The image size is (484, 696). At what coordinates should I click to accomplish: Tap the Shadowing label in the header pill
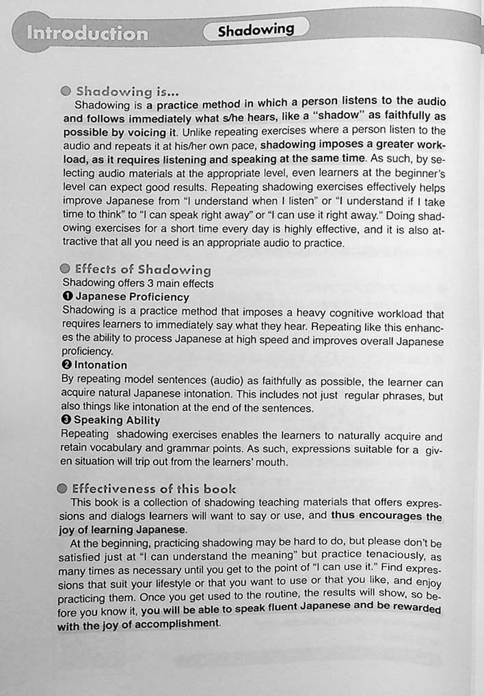(256, 30)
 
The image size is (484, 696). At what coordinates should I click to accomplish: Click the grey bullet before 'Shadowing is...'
(66, 91)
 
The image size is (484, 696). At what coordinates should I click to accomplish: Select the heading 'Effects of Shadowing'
(143, 269)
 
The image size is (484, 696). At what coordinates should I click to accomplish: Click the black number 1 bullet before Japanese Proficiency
(66, 297)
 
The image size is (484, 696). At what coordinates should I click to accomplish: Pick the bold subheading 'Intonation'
(100, 365)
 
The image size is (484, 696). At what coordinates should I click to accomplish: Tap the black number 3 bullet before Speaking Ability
(66, 420)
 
